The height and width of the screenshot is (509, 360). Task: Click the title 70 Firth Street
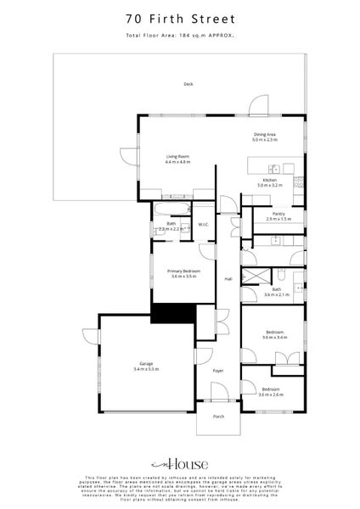[179, 17]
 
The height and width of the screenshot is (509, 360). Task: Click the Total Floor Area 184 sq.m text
[179, 35]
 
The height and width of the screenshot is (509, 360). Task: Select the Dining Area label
[265, 134]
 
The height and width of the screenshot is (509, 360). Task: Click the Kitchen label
[268, 180]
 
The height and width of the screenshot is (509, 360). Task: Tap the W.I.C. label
[204, 225]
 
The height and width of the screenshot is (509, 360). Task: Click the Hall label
[228, 280]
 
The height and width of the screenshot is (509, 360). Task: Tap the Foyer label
[217, 371]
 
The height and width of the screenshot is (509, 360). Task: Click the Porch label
[218, 417]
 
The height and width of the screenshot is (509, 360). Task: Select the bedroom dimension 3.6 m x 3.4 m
[273, 337]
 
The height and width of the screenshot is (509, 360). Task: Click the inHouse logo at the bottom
[179, 465]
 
